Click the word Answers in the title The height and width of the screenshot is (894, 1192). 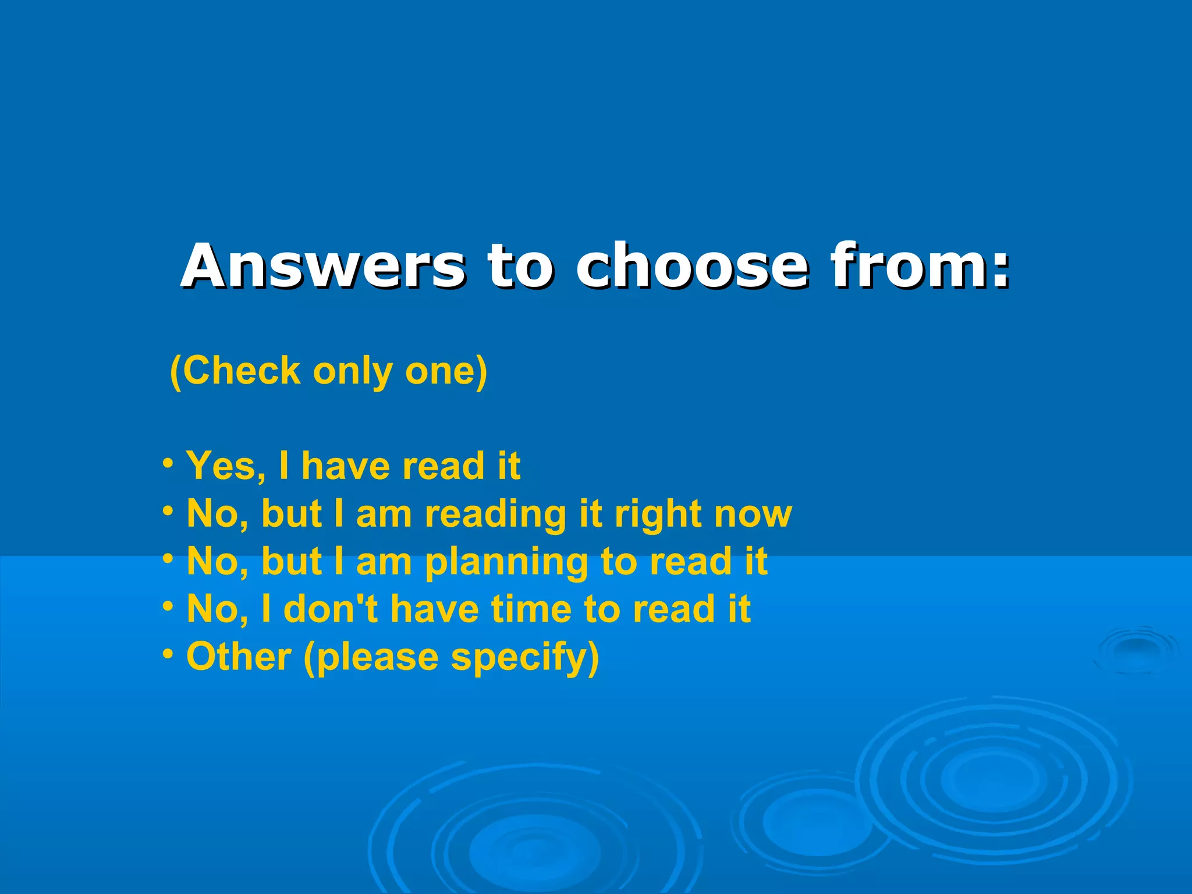pos(324,266)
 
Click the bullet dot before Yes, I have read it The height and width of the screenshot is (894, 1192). pos(168,464)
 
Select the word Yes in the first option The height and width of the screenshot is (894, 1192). pos(225,466)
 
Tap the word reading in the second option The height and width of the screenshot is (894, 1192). pos(495,515)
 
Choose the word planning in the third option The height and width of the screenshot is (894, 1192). pos(506,563)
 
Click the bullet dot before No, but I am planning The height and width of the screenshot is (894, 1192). pos(168,559)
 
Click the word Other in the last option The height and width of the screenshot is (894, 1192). pos(239,657)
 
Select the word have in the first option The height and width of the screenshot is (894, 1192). pos(343,466)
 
